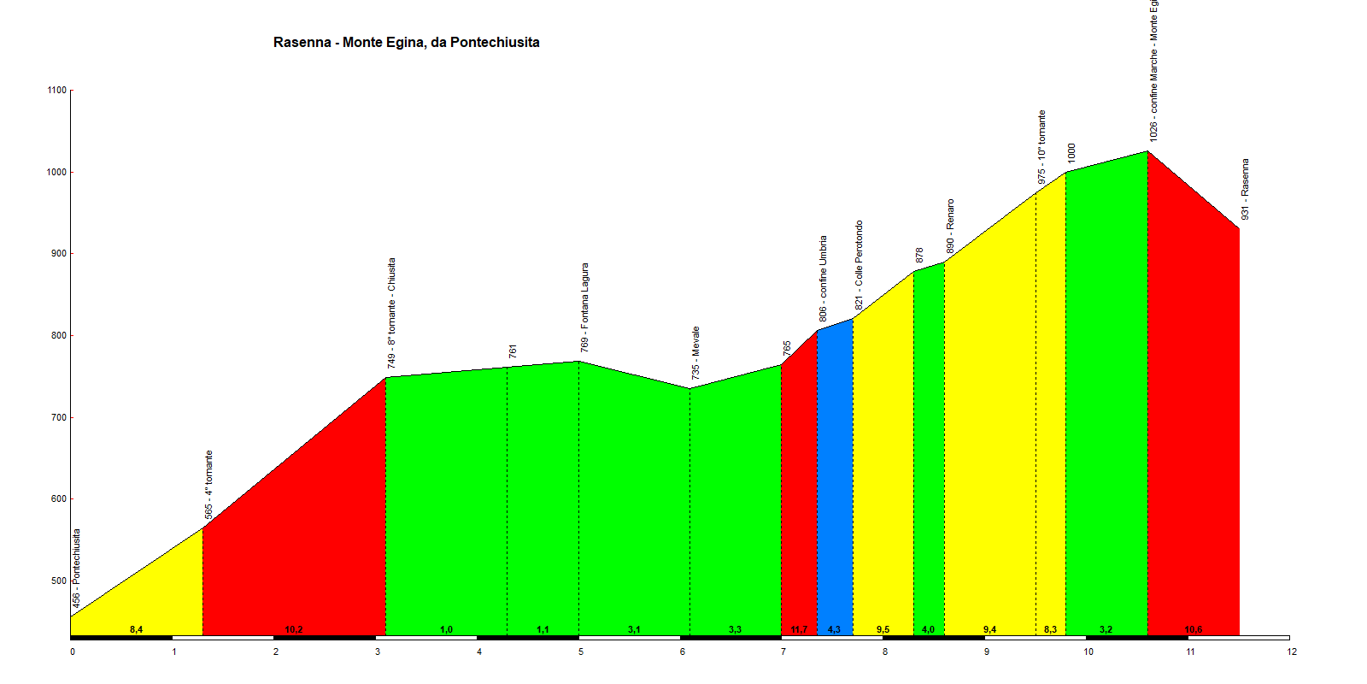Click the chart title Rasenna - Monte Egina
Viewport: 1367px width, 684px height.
coord(406,42)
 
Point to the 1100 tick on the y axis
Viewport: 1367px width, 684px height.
coord(57,90)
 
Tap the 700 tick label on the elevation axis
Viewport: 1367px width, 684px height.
coord(57,418)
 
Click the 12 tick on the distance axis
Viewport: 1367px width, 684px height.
coord(1292,652)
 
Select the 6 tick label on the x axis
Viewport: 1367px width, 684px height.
coord(683,652)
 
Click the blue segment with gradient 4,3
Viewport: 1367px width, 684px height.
coord(835,479)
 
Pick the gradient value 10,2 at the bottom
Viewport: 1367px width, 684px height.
coord(293,629)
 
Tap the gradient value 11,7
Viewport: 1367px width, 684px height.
coord(799,629)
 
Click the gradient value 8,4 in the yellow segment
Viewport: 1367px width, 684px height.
coord(136,629)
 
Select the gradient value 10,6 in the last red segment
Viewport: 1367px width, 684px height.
coord(1193,629)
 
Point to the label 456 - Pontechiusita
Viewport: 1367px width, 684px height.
coord(76,569)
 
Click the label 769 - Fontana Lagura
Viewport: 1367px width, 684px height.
coord(584,307)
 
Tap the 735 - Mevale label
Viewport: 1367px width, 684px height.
coord(696,352)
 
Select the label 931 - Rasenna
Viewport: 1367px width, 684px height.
coord(1245,189)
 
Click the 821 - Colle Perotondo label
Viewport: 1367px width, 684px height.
coord(859,265)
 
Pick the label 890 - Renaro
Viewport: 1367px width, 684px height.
coord(950,226)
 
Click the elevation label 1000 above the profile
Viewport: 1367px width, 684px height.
coord(1071,153)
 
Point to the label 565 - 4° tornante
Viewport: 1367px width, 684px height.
coord(208,485)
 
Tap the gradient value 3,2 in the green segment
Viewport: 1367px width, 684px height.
coord(1106,629)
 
